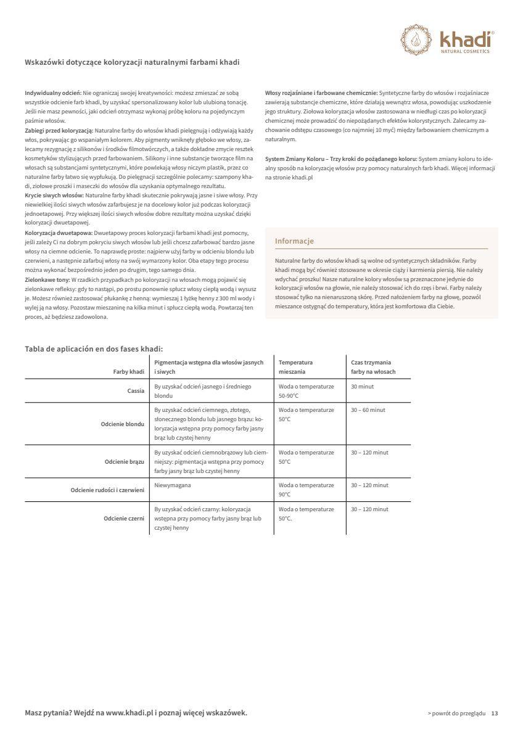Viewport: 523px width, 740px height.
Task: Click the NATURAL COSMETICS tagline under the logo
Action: [x=465, y=51]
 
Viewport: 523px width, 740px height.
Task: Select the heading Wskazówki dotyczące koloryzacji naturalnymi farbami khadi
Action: [x=132, y=62]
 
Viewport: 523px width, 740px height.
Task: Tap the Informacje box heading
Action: [x=294, y=241]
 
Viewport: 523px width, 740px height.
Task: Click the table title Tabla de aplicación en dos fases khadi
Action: [x=94, y=348]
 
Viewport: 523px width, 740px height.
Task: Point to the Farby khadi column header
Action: [x=128, y=372]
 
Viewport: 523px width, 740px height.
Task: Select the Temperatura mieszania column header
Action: [x=295, y=367]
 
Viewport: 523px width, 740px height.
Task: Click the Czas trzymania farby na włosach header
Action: [x=373, y=367]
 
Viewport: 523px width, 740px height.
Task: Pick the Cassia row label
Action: [x=136, y=391]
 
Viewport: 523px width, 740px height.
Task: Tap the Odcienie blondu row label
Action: [x=123, y=424]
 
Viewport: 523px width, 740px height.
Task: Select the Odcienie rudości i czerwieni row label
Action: [x=107, y=490]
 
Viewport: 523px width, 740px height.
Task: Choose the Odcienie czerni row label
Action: [x=124, y=519]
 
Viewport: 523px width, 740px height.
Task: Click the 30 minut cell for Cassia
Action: [x=362, y=387]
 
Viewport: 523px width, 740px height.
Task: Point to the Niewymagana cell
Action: [x=172, y=485]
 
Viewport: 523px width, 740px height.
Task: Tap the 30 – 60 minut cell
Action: [x=368, y=410]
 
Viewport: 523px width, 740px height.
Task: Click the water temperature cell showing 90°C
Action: [x=306, y=490]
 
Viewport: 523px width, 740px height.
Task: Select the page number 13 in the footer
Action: [x=495, y=713]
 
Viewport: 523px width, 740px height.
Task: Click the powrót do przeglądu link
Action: [x=456, y=713]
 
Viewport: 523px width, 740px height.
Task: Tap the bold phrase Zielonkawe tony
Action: [x=47, y=279]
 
